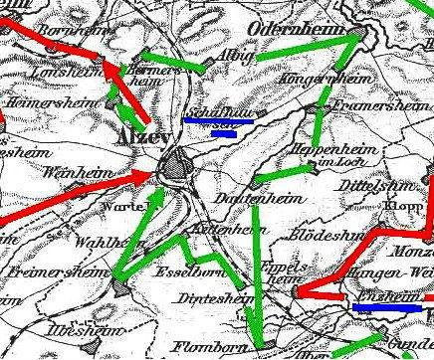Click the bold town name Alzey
[x=141, y=136]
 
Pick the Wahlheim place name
[x=102, y=242]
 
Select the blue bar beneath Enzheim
[x=386, y=307]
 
